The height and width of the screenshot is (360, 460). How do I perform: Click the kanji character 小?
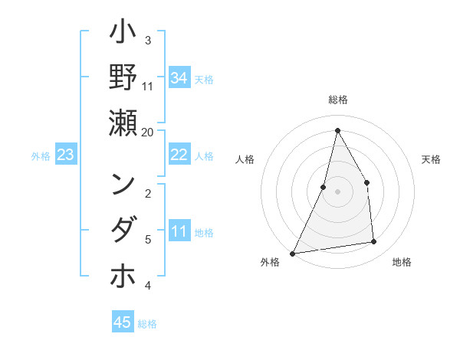123,35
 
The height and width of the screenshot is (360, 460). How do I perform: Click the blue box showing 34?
179,78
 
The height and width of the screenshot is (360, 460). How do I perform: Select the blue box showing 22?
179,155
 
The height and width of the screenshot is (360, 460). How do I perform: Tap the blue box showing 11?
179,232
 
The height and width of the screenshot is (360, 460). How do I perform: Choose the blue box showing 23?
66,155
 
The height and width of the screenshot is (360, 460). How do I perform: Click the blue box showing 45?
123,322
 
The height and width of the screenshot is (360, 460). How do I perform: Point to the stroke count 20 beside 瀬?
148,132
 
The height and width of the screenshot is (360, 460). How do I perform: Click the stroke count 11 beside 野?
148,86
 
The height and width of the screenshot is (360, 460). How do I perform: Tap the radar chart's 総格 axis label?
338,100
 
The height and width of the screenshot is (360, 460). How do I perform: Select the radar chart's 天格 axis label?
431,159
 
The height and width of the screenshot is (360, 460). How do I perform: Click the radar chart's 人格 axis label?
245,159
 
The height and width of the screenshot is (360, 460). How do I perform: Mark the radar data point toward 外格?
292,253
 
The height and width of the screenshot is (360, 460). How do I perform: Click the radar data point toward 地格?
374,242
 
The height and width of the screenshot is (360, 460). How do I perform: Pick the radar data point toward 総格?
337,130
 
